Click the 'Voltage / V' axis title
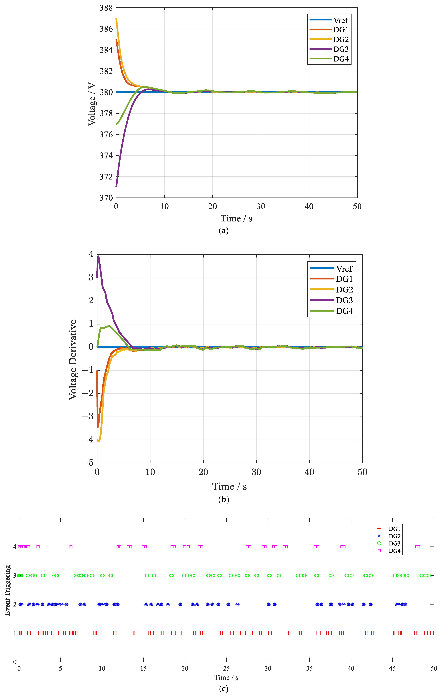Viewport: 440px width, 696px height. pos(92,104)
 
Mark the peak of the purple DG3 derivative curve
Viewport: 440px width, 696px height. pos(98,256)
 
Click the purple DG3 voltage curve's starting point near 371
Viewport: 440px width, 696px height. pos(116,186)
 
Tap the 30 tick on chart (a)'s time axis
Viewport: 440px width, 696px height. pos(261,206)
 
